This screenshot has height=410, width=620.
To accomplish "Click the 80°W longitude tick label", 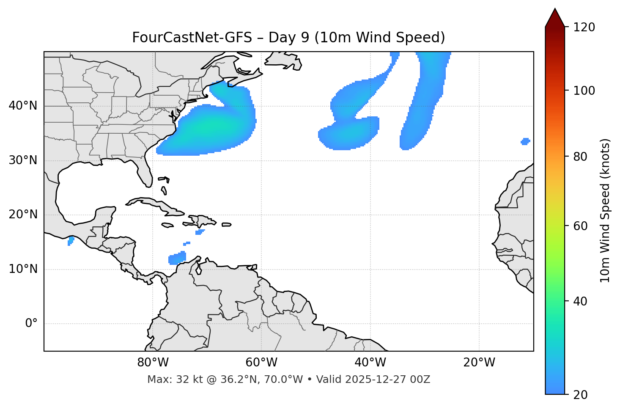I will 153,363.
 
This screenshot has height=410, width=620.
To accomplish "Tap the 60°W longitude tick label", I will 261,363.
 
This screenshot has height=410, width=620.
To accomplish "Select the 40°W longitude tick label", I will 370,363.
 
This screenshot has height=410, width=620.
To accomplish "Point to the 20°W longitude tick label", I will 479,363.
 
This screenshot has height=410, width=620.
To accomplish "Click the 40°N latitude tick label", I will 23,106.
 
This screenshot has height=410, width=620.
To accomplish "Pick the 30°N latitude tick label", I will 23,160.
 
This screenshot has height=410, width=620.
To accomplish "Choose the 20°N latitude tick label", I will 23,215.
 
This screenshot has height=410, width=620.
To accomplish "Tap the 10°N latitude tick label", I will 23,269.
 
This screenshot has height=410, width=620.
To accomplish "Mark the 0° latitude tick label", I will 31,324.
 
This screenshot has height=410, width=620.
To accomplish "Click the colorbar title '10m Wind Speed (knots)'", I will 605,210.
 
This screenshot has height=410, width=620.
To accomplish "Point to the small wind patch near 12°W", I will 525,141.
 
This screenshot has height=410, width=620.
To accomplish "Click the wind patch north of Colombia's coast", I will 177,258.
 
